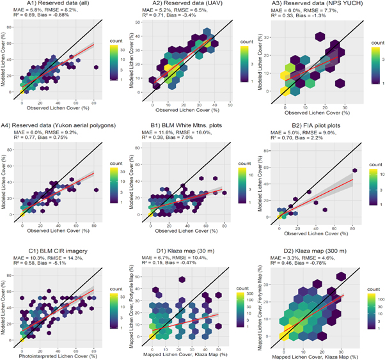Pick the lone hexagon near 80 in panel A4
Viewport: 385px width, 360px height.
pyautogui.click(x=96, y=189)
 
